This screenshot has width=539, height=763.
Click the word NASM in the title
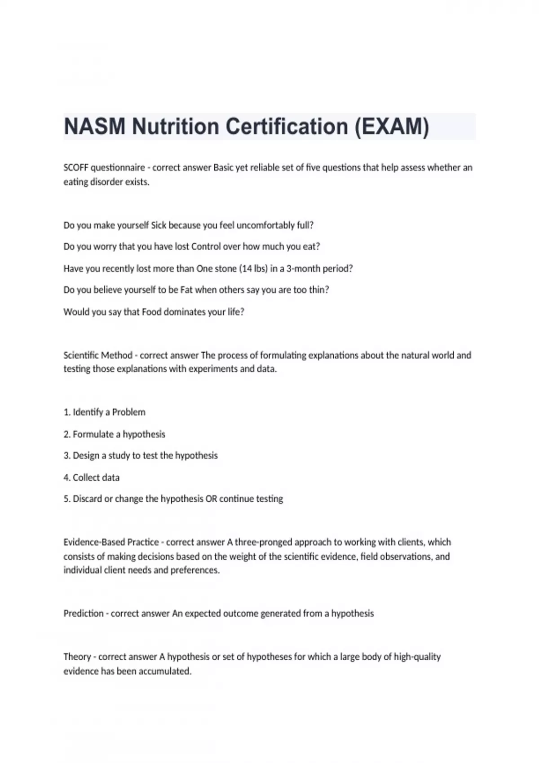coord(94,127)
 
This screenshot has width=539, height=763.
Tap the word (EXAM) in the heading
coord(392,127)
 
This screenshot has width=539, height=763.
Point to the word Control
coord(206,247)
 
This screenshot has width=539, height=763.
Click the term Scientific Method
coord(98,355)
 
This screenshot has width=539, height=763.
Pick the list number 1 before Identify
coord(66,412)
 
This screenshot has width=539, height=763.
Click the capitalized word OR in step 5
coord(211,499)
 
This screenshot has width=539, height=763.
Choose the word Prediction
coord(84,614)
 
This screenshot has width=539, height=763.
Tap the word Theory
coord(77,657)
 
